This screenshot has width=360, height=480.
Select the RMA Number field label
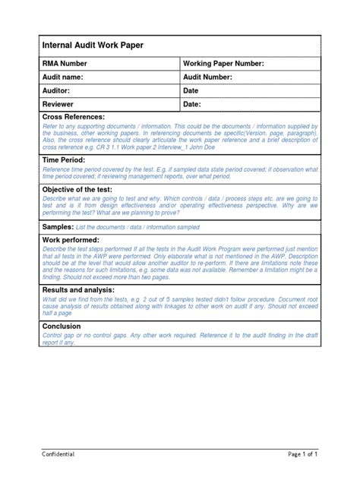pos(69,64)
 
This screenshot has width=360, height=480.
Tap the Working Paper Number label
pos(223,64)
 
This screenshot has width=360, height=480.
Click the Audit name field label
pos(68,77)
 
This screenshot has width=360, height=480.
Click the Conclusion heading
pos(66,326)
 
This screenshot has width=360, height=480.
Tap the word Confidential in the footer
pos(58,453)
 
